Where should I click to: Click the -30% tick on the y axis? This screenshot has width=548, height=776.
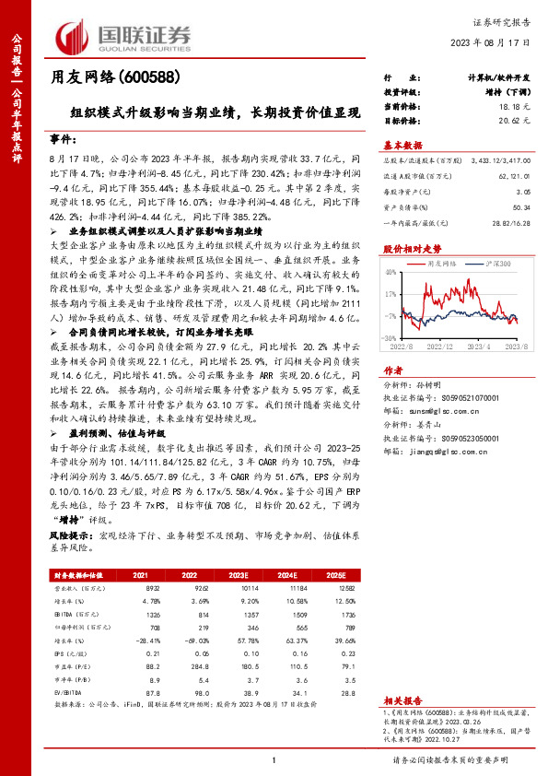pos(391,338)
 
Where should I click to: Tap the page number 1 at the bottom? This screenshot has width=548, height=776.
pos(274,759)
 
